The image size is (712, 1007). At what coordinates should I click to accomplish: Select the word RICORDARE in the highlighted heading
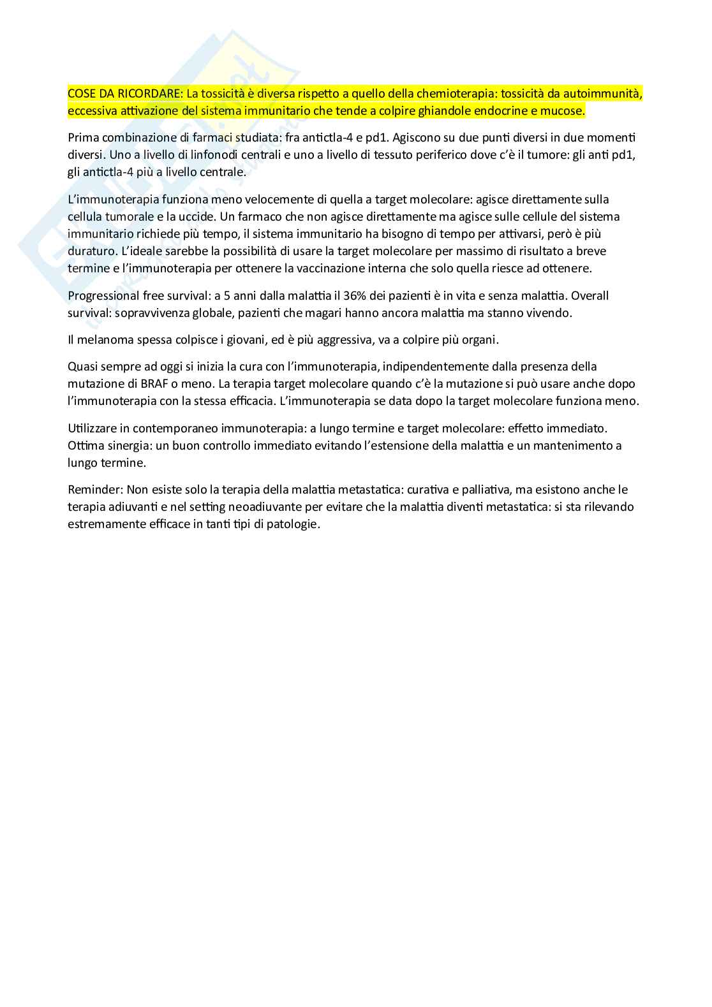click(x=151, y=94)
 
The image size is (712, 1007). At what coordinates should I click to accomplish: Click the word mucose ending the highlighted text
click(x=563, y=111)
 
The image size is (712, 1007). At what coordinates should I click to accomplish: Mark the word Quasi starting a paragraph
click(x=82, y=366)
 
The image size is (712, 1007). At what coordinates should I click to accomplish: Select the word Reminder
click(x=94, y=490)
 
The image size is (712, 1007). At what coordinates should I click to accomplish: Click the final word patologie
click(x=294, y=524)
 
